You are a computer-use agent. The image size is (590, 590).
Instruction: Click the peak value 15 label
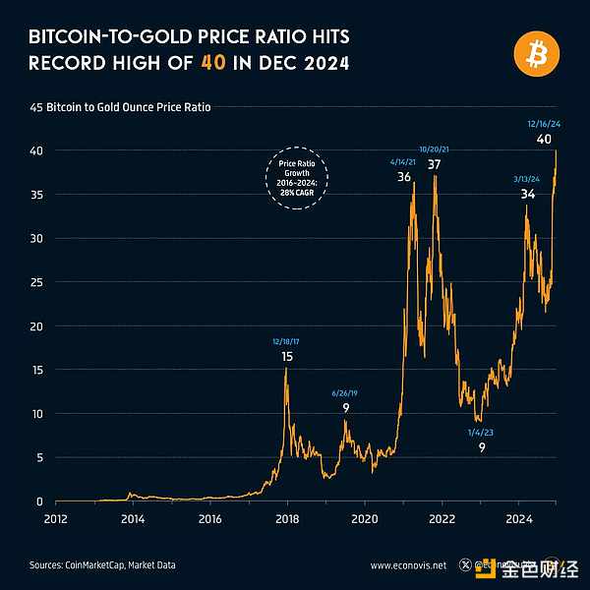[x=287, y=356]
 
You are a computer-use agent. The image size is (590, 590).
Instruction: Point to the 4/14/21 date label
[x=404, y=160]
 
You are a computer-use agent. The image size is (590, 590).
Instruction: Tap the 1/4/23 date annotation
[x=481, y=432]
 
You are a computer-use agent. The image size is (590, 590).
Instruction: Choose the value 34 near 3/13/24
[x=528, y=194]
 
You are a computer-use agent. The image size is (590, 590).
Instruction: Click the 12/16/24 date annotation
[x=543, y=124]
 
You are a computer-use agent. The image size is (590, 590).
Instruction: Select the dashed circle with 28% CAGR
[x=297, y=178]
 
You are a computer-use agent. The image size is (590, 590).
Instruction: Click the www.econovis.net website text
[x=408, y=565]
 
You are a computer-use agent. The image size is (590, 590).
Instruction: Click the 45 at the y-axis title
[x=35, y=107]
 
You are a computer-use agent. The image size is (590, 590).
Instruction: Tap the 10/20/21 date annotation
[x=434, y=148]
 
